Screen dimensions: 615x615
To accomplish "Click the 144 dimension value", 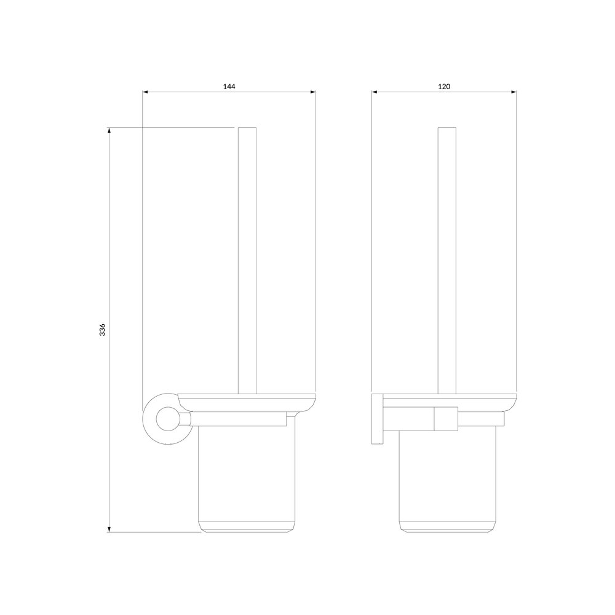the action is [229, 86].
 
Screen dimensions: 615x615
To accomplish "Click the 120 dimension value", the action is [444, 86].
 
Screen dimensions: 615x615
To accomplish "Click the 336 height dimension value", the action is [102, 330].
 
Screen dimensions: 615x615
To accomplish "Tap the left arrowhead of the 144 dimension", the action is [145, 92].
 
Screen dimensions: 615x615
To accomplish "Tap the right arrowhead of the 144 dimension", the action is [313, 92].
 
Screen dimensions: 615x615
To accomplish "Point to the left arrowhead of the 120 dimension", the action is [374, 92].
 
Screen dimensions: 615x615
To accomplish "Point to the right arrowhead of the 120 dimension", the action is [514, 92].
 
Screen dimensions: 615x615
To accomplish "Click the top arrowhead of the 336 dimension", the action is [109, 130].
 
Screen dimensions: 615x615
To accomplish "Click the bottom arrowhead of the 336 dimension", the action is [109, 530].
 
